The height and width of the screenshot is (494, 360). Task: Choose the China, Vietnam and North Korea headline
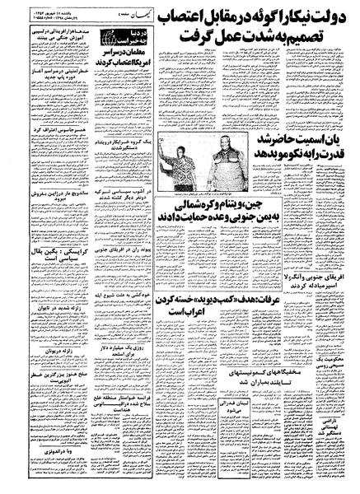[x=230, y=212]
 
